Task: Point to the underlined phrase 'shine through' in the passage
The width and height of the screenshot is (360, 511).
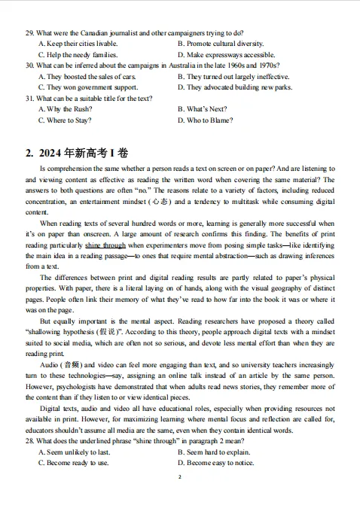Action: coord(105,245)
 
